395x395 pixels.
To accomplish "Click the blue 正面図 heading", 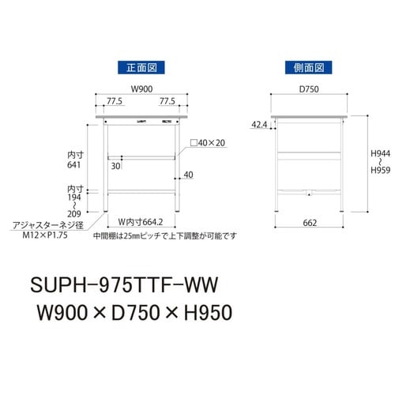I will (x=142, y=68).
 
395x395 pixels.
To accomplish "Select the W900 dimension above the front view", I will (x=142, y=88).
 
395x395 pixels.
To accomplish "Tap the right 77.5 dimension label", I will (x=167, y=101).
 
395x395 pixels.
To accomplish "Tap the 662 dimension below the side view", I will (x=309, y=224).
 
